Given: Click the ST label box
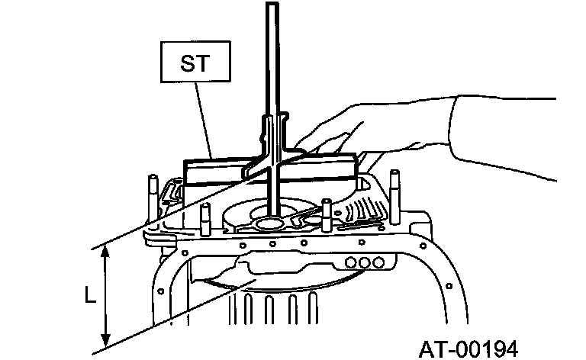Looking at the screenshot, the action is click(x=194, y=62).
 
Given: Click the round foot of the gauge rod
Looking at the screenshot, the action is click(x=269, y=223).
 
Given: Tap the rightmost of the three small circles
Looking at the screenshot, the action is click(x=376, y=262).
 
